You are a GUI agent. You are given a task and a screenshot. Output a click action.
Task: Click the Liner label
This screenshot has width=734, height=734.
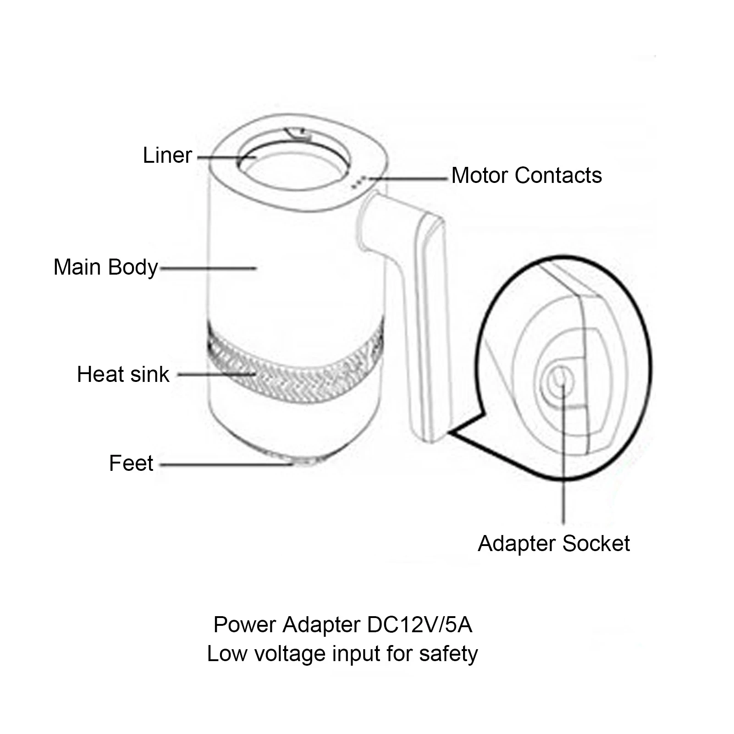(x=167, y=155)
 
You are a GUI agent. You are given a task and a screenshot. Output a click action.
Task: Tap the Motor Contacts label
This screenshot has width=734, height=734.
(x=527, y=175)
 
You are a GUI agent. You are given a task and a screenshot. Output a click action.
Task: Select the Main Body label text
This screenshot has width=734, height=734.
(x=106, y=267)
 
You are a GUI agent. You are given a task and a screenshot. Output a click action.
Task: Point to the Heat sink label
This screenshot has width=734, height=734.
(x=123, y=374)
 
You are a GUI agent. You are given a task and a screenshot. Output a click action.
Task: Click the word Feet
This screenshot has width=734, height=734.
(x=131, y=463)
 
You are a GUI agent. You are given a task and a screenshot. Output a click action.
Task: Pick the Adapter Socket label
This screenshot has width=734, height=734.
(x=554, y=543)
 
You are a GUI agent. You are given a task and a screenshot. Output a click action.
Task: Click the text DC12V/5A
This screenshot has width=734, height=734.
(x=419, y=625)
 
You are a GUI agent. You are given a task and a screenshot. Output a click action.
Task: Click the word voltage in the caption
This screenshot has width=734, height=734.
(x=290, y=654)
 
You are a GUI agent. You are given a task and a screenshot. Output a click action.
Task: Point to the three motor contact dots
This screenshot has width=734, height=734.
(x=359, y=182)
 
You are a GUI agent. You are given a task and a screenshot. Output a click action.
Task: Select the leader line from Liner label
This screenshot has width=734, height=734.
(x=227, y=157)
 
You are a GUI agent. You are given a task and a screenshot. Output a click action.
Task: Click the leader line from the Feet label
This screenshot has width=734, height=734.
(x=226, y=464)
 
